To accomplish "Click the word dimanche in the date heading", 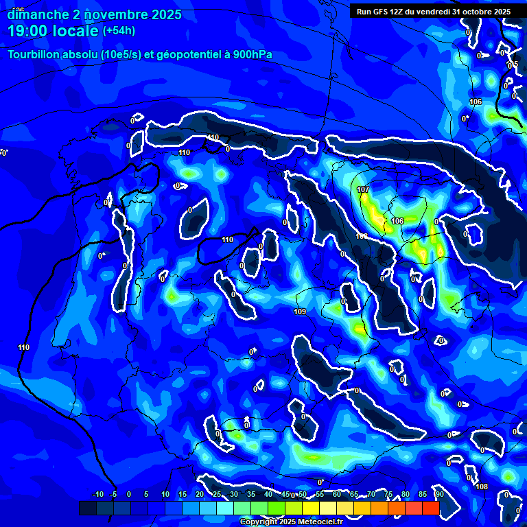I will tap(34, 14).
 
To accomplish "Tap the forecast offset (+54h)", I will tap(119, 31).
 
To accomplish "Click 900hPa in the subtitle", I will tap(249, 55).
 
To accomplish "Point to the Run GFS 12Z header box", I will tap(434, 11).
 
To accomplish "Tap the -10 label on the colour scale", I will tap(97, 495).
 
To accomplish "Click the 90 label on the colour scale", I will tap(439, 495).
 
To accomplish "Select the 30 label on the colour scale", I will tap(234, 495).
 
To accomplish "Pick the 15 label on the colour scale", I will tap(183, 495).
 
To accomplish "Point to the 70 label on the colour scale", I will tap(371, 495).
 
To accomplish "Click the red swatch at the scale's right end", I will tap(430, 508).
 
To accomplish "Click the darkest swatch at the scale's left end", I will tap(87, 508).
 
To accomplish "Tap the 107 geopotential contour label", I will tap(363, 189).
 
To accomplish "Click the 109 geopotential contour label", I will tap(300, 312).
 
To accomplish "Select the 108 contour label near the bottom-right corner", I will tap(482, 487).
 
